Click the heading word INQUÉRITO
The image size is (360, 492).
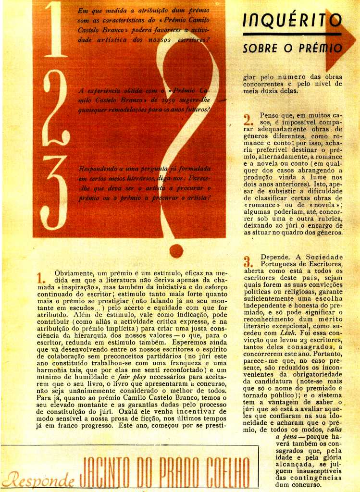292,20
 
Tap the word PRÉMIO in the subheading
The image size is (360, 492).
319,49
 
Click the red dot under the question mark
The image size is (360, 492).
176,250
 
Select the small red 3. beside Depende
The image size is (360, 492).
248,262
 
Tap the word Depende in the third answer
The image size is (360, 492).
276,257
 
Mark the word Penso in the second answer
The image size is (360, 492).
270,116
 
